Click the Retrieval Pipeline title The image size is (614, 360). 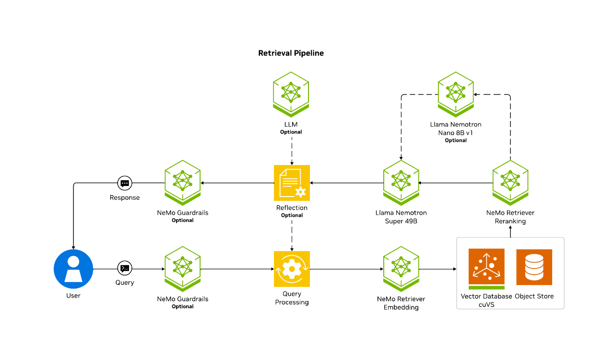coord(291,53)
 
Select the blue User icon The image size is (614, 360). coord(73,269)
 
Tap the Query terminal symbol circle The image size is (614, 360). coord(125,269)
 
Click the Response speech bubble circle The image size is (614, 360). coord(125,183)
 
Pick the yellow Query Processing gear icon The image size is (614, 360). coord(292,269)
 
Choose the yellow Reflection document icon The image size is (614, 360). coord(292,183)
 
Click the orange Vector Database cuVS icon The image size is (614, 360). coord(486,267)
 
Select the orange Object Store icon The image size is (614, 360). coord(534,267)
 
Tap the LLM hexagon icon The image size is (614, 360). coord(291,93)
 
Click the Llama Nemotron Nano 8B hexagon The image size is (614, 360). coord(456,93)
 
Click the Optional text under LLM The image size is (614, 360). coord(291,132)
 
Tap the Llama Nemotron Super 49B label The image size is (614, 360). coord(401,217)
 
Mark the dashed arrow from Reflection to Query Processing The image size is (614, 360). coord(292,235)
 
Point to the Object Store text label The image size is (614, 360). coord(534,296)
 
